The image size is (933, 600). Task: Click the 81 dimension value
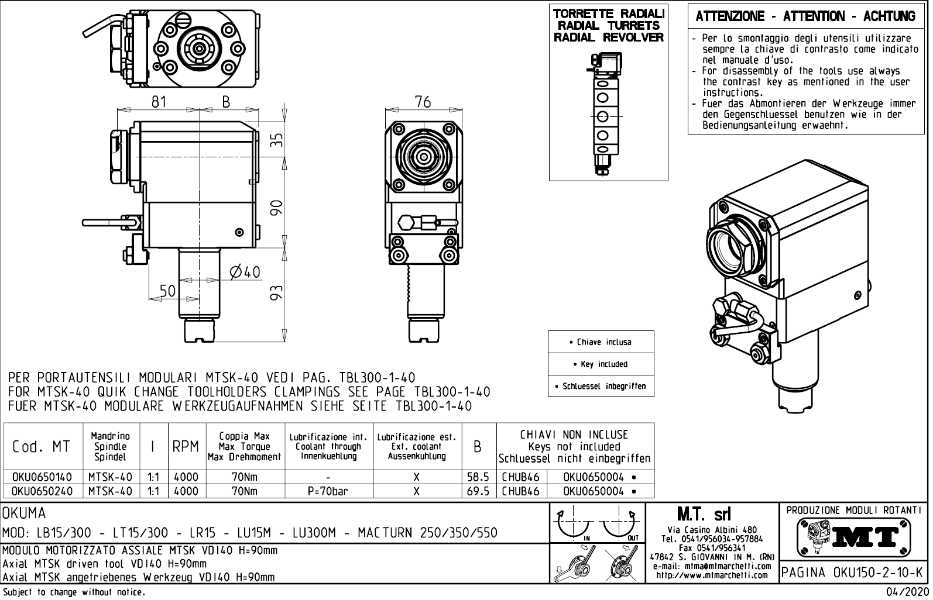(159, 102)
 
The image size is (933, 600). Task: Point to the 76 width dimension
(422, 102)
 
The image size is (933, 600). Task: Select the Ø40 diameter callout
(245, 272)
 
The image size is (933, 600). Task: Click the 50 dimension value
(167, 291)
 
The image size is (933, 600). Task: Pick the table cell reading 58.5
(478, 477)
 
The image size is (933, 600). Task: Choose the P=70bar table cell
(328, 491)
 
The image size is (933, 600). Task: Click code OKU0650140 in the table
(42, 477)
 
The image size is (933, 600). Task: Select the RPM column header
(186, 447)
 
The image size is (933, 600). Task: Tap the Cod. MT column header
(42, 447)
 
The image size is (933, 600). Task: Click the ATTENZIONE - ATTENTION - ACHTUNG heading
(805, 17)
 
